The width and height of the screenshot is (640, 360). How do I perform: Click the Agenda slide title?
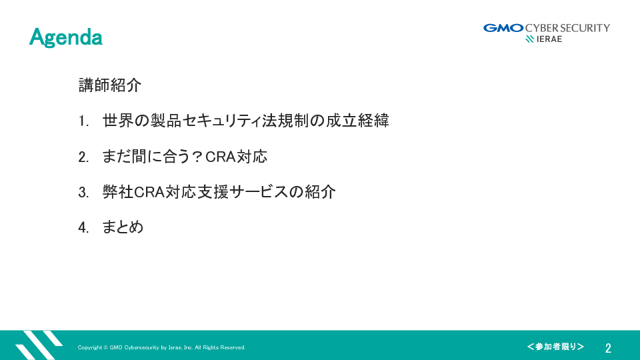point(66,37)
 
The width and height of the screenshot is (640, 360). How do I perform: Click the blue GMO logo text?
point(503,28)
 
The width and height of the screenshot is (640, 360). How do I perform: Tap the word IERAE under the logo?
point(549,39)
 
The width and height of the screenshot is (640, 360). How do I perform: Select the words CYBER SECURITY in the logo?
point(567,28)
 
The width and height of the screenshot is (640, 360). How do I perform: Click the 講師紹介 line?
point(110,85)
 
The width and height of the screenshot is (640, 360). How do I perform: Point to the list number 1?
point(83,121)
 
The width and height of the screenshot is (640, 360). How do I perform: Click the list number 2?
point(83,157)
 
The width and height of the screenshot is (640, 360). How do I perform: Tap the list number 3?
point(83,193)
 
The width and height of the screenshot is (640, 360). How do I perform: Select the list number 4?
point(83,228)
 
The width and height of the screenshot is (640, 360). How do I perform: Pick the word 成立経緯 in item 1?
point(357,121)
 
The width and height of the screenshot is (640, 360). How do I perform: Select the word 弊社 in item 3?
point(118,192)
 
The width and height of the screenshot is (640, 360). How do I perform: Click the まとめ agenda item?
point(123,227)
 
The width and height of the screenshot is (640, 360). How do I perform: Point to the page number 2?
point(608,348)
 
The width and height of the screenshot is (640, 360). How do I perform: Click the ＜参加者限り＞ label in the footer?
point(555,347)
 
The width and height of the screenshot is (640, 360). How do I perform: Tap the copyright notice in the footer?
point(161,347)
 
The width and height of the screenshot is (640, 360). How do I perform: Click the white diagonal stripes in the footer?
point(39,345)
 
